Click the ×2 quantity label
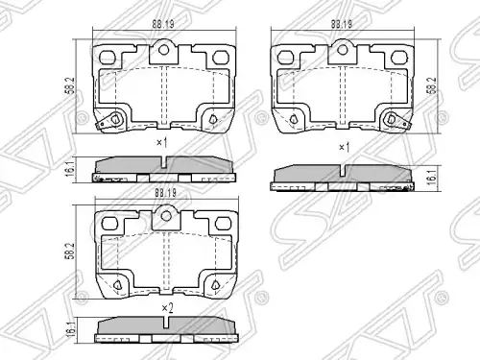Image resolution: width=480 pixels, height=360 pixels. click(167, 308)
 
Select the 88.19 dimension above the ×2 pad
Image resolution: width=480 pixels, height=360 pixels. click(165, 193)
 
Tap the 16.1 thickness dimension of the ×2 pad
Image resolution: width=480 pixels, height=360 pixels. click(72, 329)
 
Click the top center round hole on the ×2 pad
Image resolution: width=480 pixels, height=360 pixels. click(166, 216)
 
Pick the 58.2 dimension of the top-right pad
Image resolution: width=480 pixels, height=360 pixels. click(433, 85)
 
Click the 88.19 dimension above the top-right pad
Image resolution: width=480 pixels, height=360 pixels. click(342, 24)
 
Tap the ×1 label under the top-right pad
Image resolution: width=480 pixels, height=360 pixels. click(344, 148)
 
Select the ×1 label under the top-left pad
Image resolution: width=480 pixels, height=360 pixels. click(162, 142)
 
